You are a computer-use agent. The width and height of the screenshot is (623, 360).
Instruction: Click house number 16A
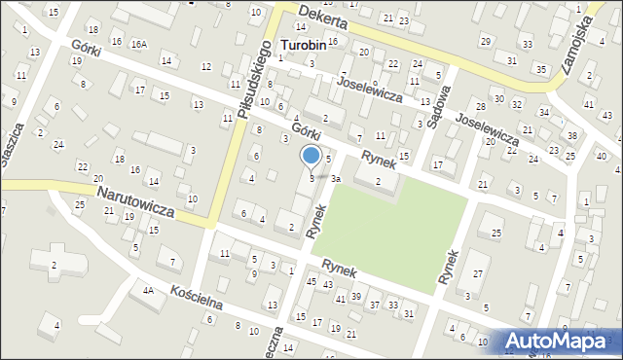(x=139, y=43)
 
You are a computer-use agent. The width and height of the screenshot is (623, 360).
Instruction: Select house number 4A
(x=148, y=290)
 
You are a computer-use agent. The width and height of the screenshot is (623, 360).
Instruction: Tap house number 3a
(x=335, y=179)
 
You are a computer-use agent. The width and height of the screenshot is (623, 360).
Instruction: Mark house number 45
(x=311, y=281)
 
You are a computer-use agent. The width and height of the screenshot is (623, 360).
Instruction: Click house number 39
(x=356, y=296)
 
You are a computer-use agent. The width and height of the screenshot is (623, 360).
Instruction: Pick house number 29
(x=486, y=40)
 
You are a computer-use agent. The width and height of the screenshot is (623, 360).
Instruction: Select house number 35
(x=541, y=69)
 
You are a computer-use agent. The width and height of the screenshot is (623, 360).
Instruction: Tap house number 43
(x=328, y=284)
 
